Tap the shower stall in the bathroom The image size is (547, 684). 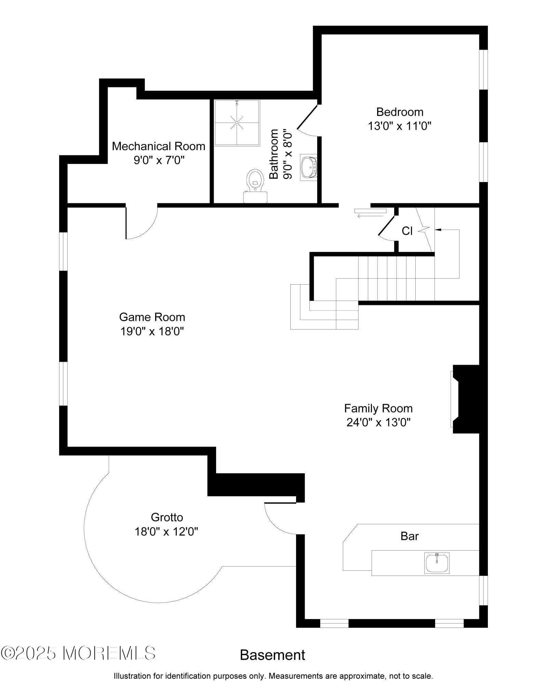point(237,123)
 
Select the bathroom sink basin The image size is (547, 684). point(309,167)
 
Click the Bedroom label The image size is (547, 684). point(400,112)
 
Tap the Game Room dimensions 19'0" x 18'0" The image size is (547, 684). point(152,331)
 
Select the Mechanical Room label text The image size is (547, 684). point(159,146)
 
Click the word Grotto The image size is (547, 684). point(167,517)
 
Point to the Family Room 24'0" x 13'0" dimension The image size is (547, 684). point(378,423)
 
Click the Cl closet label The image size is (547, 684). point(407,231)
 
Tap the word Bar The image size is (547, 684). point(410,536)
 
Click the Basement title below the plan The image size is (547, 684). point(272,655)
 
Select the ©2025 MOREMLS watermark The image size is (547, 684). point(78,653)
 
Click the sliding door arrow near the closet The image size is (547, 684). point(365,216)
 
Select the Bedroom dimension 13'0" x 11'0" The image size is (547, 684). point(400,126)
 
